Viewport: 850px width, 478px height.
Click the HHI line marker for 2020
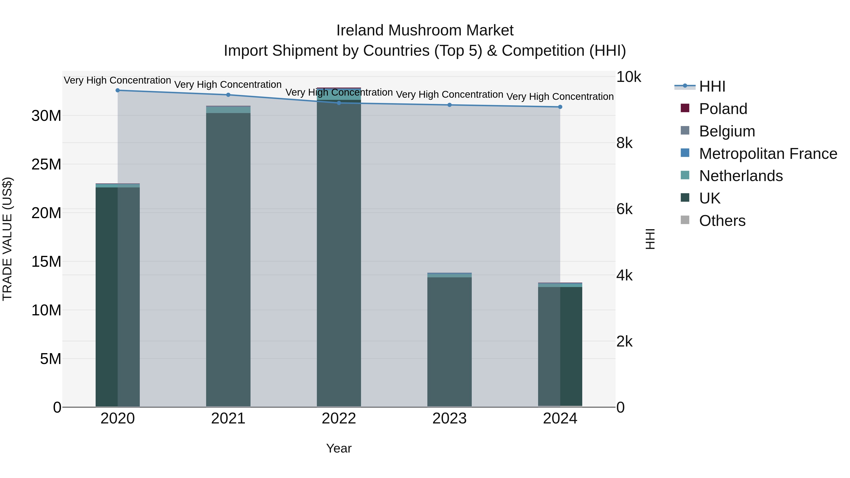click(x=118, y=90)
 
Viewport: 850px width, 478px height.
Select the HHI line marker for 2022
click(x=339, y=103)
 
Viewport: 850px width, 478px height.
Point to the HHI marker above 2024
click(x=560, y=107)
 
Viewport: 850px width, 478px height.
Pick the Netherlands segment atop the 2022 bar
click(x=339, y=95)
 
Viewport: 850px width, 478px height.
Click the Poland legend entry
click(x=723, y=109)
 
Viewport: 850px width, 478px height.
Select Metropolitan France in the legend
click(x=768, y=154)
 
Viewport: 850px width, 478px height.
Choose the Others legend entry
click(x=722, y=221)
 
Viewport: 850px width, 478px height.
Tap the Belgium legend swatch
click(x=685, y=131)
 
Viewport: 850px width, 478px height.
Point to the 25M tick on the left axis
click(x=46, y=164)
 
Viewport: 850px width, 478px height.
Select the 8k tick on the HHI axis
click(x=624, y=143)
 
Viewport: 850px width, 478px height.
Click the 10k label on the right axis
click(x=628, y=77)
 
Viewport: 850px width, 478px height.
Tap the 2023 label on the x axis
click(x=449, y=419)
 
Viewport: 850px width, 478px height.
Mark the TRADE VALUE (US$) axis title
click(x=8, y=239)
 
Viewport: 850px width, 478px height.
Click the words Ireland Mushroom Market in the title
click(x=425, y=30)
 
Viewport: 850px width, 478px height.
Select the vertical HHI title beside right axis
click(x=650, y=239)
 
